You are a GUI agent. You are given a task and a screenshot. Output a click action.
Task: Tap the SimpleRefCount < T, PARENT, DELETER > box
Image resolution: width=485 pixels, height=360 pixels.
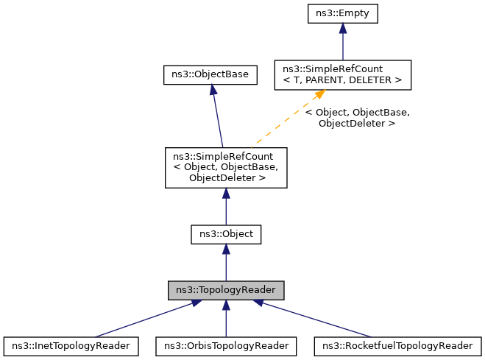(x=342, y=74)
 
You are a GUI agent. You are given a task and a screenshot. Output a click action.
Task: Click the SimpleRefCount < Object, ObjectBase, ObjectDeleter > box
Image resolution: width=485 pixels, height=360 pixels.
(x=225, y=167)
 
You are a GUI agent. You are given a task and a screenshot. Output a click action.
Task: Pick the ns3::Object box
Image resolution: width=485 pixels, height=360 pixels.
(x=225, y=234)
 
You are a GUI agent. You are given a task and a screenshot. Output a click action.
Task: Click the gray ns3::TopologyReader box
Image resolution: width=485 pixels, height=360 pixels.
(x=225, y=290)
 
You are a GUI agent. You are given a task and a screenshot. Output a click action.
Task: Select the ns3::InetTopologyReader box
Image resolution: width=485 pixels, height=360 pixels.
(x=71, y=345)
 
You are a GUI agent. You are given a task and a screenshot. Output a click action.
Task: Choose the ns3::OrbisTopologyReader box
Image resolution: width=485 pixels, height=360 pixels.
(x=225, y=345)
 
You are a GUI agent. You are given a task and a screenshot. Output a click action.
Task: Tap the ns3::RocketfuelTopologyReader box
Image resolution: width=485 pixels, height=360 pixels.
(x=397, y=345)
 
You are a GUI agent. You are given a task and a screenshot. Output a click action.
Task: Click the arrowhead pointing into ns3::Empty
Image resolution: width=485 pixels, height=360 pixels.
(x=342, y=28)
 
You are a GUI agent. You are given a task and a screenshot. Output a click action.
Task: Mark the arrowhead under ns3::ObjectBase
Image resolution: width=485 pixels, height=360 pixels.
(x=212, y=89)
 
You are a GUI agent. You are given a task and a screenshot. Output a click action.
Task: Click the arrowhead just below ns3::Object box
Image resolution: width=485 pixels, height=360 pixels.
(x=225, y=250)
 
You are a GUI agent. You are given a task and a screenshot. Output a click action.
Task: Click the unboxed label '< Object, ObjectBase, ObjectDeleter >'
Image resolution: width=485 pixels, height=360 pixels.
(x=357, y=118)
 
